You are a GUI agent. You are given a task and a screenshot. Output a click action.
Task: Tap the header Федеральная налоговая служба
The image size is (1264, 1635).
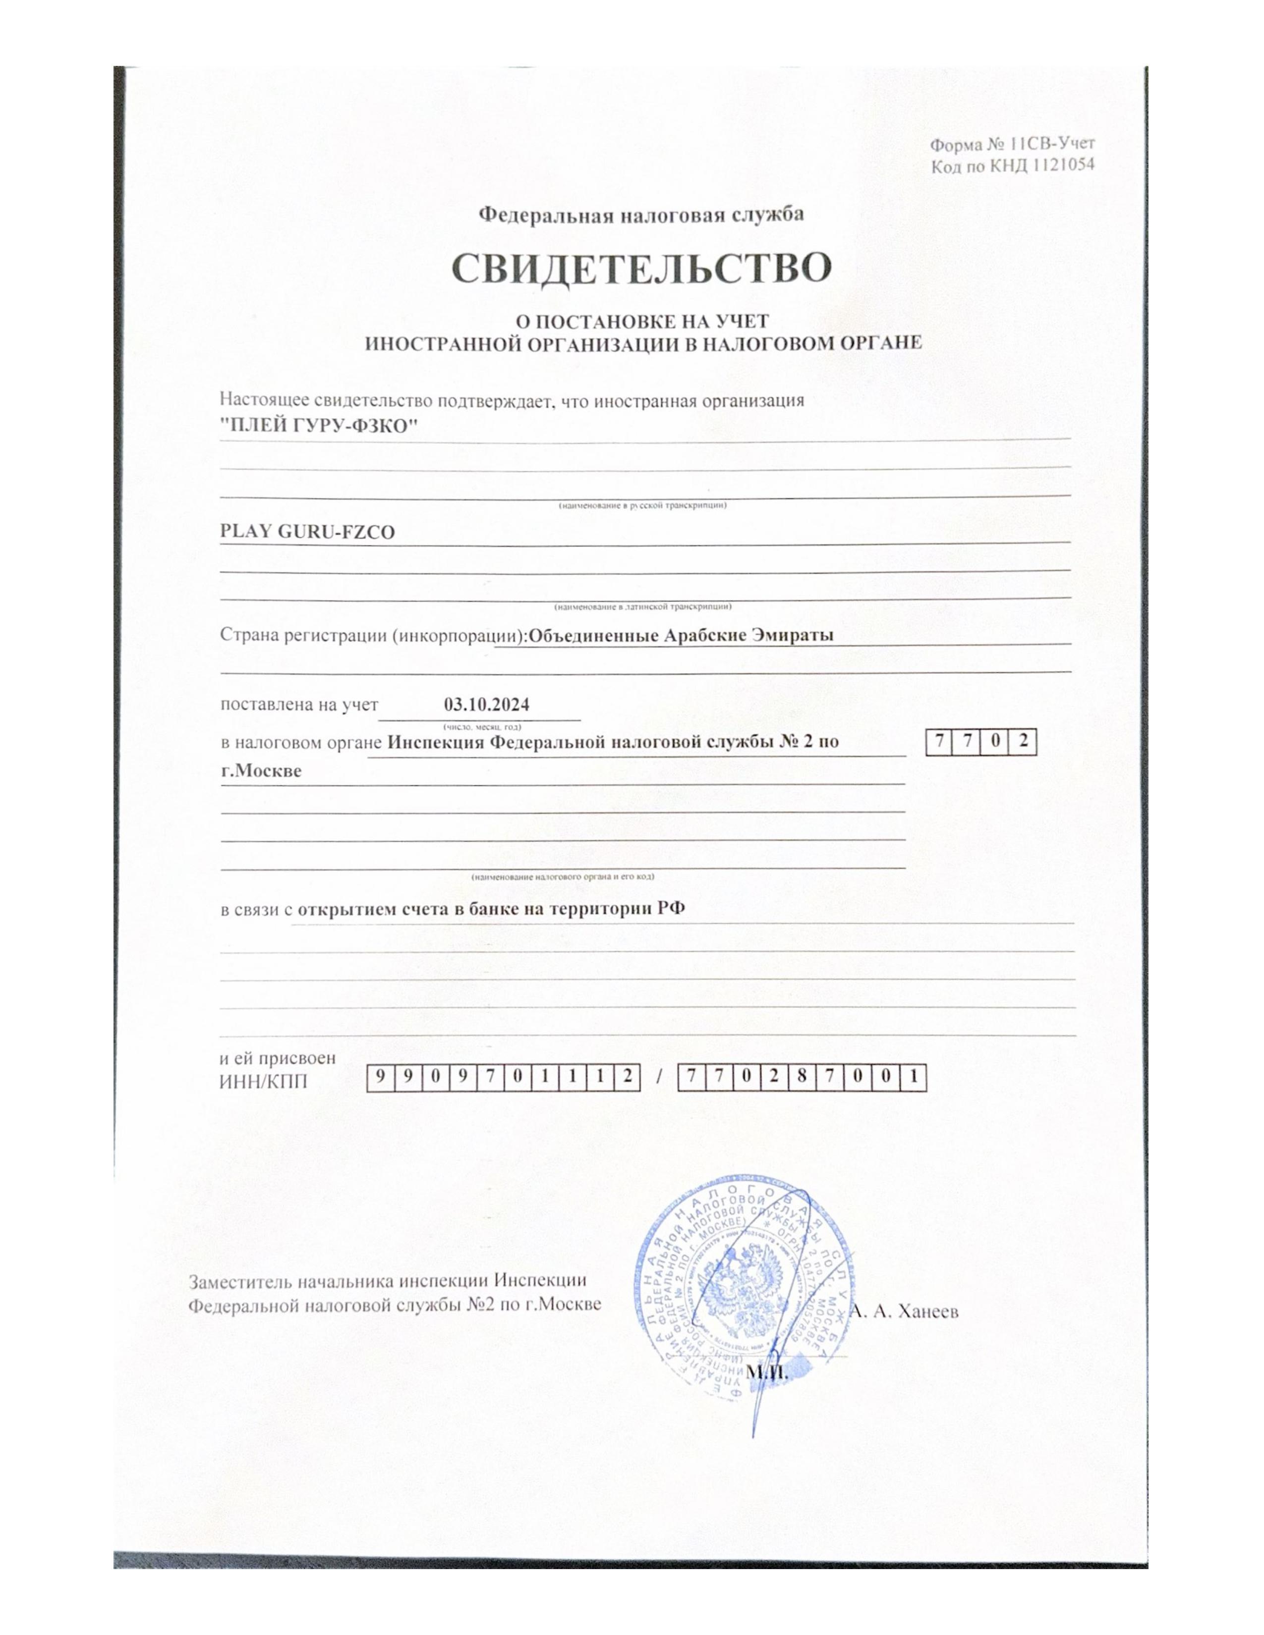click(642, 216)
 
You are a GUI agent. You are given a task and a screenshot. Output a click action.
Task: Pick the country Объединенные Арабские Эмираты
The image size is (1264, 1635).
click(680, 636)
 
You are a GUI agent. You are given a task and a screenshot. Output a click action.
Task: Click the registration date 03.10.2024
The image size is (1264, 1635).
click(487, 705)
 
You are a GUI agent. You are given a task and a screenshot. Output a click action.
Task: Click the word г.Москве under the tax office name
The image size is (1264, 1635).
click(261, 770)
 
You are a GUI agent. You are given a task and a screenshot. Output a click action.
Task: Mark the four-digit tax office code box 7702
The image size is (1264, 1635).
click(981, 743)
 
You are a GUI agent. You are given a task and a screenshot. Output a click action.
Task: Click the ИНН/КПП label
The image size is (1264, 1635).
click(263, 1081)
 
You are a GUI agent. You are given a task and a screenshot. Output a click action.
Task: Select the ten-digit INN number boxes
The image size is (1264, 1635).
click(503, 1077)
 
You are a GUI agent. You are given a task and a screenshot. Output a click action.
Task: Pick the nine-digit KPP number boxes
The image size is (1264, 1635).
click(802, 1077)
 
